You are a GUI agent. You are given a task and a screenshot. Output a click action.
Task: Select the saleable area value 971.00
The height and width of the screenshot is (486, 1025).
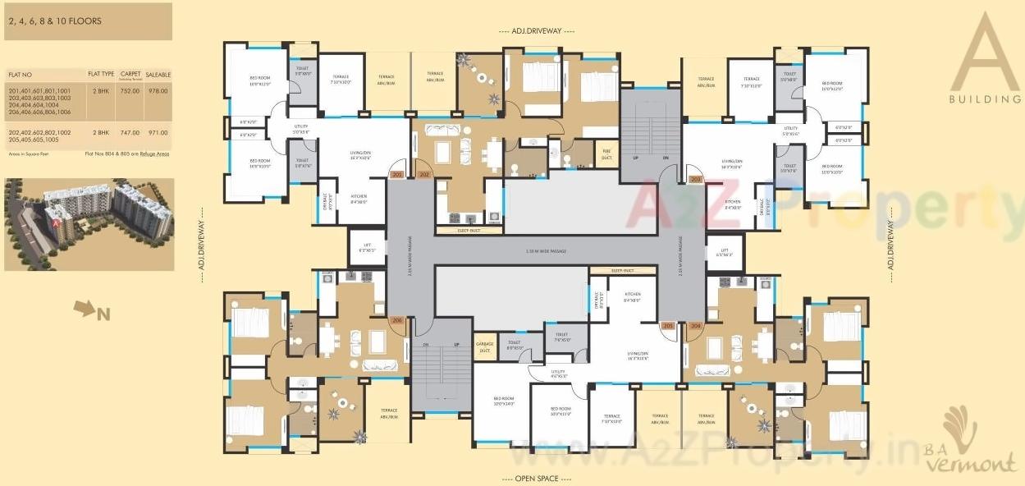[158, 132]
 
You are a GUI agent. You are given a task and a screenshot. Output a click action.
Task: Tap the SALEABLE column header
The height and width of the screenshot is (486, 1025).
[158, 75]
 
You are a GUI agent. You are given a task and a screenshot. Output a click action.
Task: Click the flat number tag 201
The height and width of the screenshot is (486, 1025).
[398, 175]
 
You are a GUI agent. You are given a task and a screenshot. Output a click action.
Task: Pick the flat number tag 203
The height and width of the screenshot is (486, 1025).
[695, 179]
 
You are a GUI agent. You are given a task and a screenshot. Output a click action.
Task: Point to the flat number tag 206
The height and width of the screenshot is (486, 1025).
[397, 320]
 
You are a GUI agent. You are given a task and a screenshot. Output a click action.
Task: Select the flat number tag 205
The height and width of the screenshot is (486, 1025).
[667, 326]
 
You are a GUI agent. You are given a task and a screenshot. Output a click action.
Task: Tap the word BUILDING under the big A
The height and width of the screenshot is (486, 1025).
[984, 99]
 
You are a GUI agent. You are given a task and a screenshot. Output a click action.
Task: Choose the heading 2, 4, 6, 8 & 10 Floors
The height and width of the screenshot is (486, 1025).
[55, 21]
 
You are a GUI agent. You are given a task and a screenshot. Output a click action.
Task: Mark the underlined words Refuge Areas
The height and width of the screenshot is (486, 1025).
[154, 154]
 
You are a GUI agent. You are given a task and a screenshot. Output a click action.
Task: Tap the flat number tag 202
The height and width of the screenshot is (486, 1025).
[424, 175]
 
